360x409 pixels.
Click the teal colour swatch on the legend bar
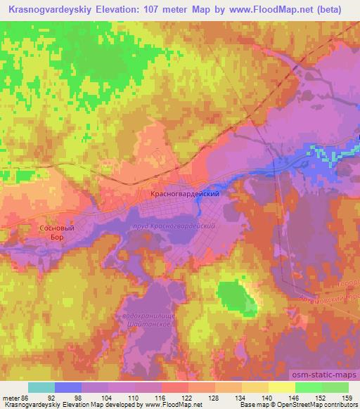(x=41, y=387)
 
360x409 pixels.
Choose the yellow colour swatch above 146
(x=282, y=387)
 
